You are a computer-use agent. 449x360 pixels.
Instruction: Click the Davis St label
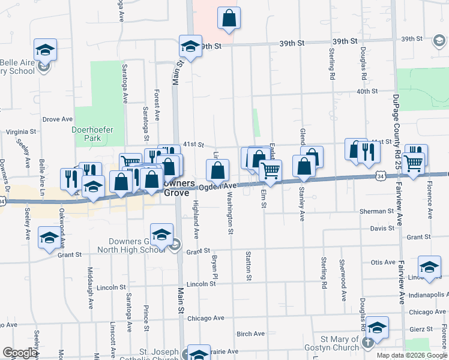click(378, 228)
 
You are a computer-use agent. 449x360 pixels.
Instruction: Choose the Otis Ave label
click(383, 262)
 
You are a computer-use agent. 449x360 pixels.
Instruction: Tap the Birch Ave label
click(250, 334)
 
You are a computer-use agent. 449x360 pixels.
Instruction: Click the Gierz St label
click(420, 329)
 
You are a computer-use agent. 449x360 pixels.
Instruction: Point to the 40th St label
click(366, 91)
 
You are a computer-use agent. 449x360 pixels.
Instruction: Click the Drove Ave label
click(58, 119)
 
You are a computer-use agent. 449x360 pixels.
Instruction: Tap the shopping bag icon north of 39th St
click(229, 19)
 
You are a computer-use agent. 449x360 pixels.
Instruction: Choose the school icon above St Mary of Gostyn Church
click(377, 328)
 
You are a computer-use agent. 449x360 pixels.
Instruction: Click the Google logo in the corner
click(20, 353)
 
